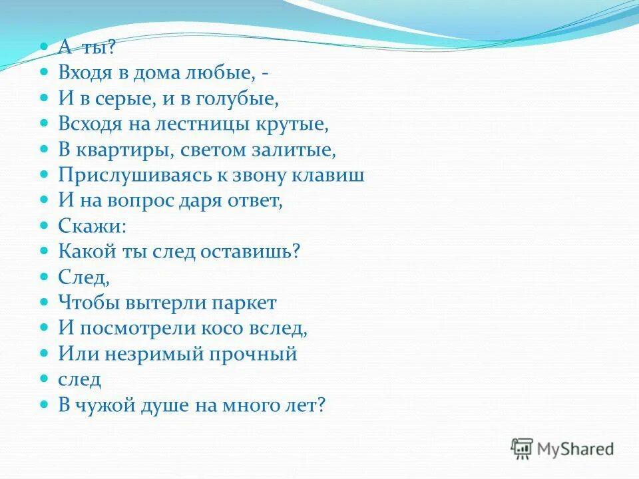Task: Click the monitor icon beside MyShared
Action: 522,448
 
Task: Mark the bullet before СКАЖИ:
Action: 45,226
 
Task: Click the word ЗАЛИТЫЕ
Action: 302,150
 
